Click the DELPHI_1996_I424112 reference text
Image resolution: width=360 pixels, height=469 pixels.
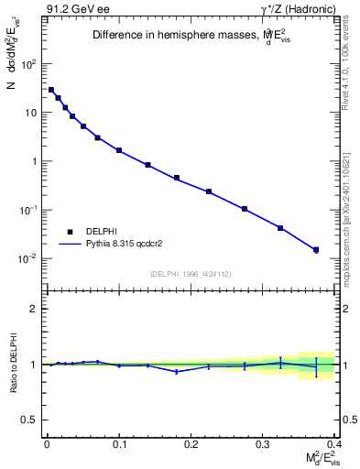tap(190, 273)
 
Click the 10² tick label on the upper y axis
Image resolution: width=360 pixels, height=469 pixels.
tap(29, 65)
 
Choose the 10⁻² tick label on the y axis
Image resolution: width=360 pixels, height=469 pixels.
tap(28, 258)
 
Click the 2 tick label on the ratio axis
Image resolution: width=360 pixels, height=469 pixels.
tap(34, 309)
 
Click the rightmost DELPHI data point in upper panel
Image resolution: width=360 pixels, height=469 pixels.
tap(316, 249)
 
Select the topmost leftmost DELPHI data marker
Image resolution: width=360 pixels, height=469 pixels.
tap(51, 90)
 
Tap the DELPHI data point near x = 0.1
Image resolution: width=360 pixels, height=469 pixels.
tap(119, 149)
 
